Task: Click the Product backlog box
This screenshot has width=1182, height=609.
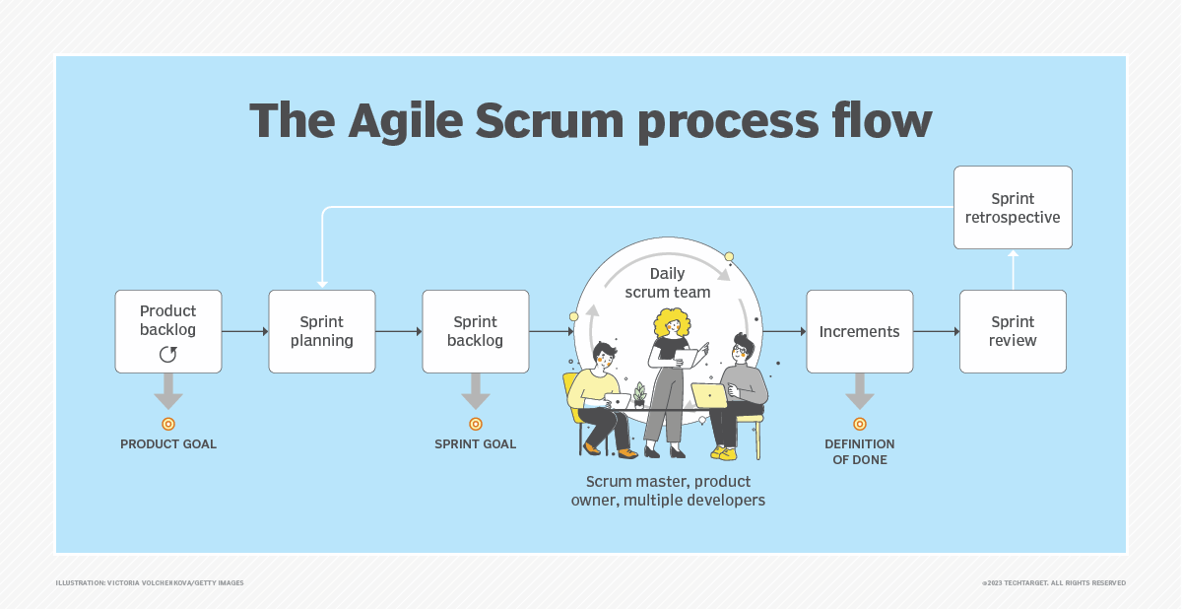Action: click(x=168, y=331)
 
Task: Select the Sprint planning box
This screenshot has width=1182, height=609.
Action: click(x=322, y=331)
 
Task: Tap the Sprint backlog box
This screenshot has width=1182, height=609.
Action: click(x=476, y=331)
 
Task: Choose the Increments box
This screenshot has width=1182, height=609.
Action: click(x=859, y=331)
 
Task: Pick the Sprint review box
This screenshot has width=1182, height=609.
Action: click(x=1013, y=331)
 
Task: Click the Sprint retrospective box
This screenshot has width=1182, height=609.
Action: click(x=1013, y=207)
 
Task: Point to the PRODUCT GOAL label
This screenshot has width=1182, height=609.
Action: click(x=168, y=444)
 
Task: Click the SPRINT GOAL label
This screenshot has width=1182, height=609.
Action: click(x=476, y=444)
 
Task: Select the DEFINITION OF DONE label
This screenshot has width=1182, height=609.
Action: click(x=859, y=451)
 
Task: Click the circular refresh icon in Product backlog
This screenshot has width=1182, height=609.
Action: click(x=168, y=354)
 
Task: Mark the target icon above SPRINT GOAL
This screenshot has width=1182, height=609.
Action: click(x=476, y=424)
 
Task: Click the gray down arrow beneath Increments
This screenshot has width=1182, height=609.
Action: click(x=859, y=392)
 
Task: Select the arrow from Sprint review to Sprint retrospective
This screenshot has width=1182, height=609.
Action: click(x=1013, y=269)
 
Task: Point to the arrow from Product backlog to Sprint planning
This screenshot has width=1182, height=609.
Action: click(x=245, y=331)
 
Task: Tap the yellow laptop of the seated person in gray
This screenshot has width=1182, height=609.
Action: click(x=709, y=395)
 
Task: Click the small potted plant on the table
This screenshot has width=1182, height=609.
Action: click(x=639, y=394)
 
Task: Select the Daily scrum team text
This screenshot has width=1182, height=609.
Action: click(x=667, y=283)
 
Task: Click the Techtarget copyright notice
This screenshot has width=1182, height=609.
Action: click(x=1053, y=582)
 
